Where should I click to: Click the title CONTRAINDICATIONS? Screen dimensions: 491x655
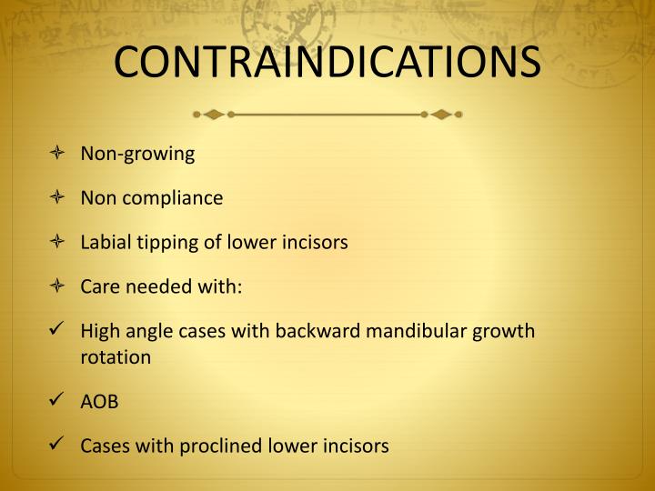coord(327,61)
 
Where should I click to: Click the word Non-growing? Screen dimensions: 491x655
coord(137,154)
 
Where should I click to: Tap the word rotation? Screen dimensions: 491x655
coord(116,357)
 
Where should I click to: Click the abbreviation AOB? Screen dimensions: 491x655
coord(99,402)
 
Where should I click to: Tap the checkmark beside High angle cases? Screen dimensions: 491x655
coord(57,331)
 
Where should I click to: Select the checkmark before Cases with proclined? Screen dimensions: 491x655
coord(57,446)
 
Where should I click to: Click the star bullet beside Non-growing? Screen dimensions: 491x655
coord(57,154)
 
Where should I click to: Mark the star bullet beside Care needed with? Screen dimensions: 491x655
coord(57,287)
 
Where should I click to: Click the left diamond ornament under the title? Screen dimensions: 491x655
coord(214,115)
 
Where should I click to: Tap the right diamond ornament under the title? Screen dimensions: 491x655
coord(441,115)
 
